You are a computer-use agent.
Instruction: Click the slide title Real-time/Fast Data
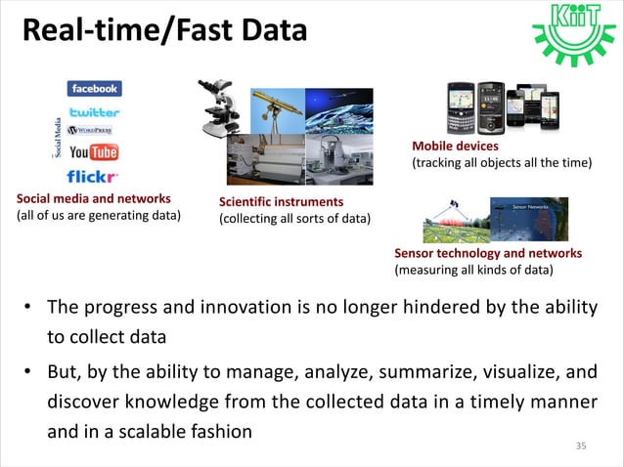point(163,30)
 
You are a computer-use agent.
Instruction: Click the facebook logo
point(94,88)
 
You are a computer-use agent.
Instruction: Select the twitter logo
point(94,111)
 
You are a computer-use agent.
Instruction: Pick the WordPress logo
point(91,130)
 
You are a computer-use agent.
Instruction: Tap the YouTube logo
point(93,152)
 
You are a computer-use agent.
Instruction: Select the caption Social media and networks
point(93,199)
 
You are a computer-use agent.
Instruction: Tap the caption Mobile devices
point(455,147)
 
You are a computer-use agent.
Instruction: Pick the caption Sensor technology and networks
point(487,253)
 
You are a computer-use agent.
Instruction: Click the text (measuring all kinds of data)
point(473,269)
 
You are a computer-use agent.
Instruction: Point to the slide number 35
point(581,446)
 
